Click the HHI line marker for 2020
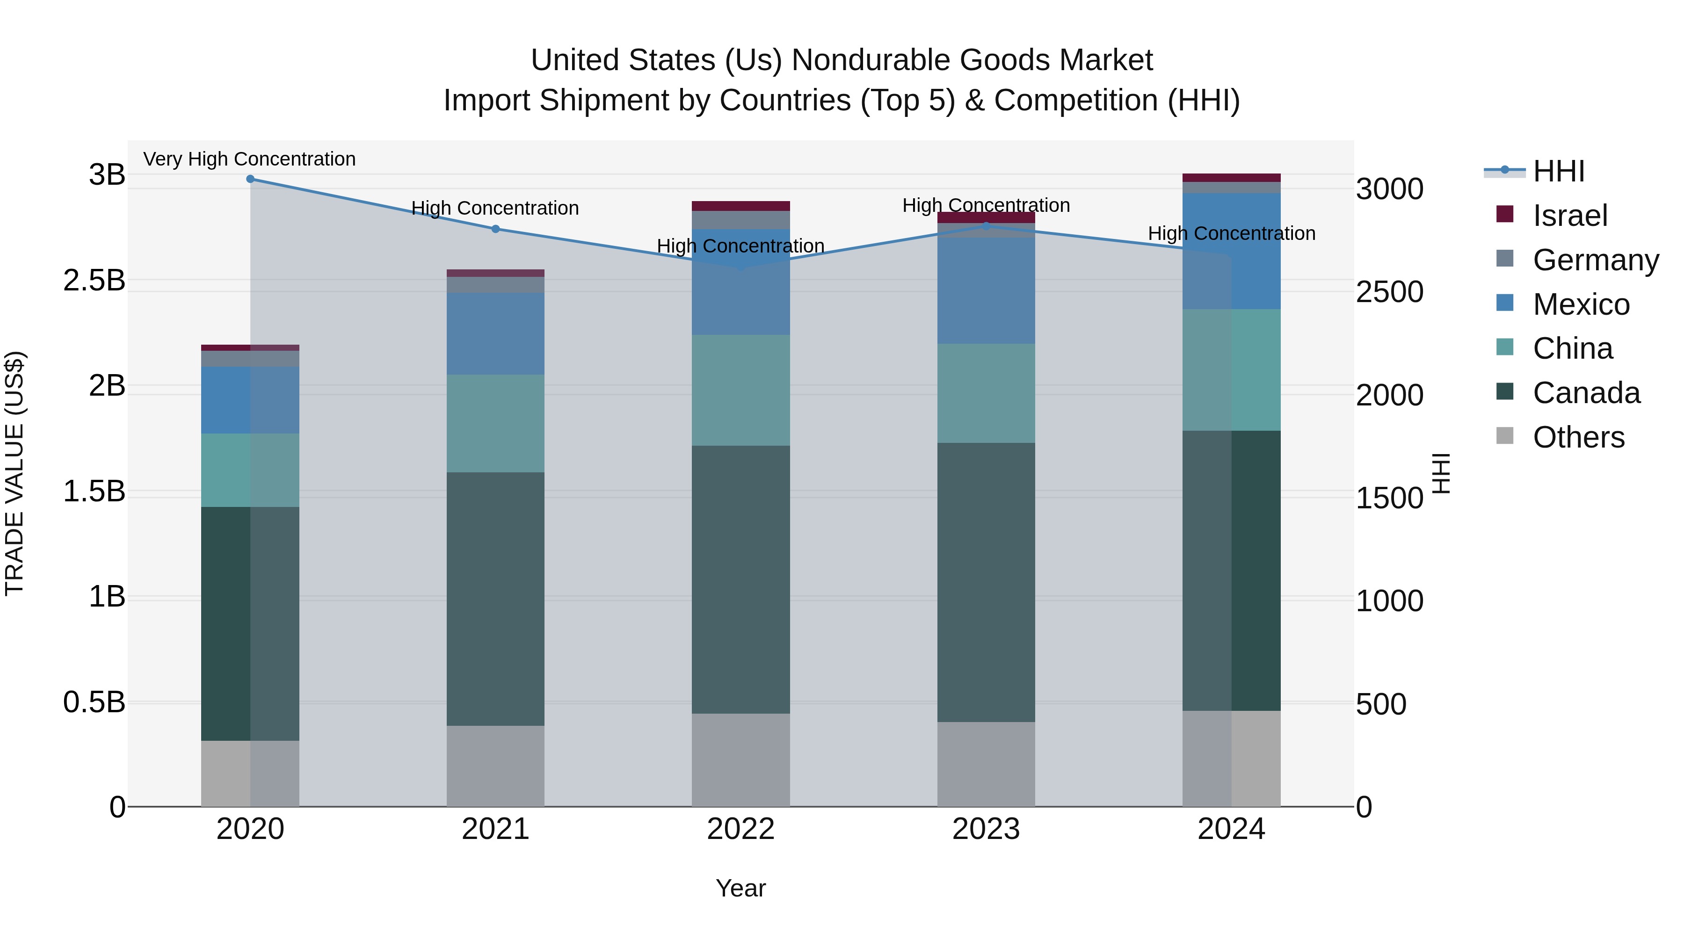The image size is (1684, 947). [x=250, y=179]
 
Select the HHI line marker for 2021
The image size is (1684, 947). [x=495, y=229]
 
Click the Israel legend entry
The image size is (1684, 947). [x=1569, y=216]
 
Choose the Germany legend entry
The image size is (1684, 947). [x=1595, y=260]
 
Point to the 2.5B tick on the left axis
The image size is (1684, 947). [x=94, y=281]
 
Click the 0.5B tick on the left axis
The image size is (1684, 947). [x=94, y=702]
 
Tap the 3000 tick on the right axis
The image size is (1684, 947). [x=1389, y=189]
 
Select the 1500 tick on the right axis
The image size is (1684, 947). [x=1389, y=498]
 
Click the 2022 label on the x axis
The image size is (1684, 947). [x=740, y=829]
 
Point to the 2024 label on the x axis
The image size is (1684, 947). [x=1231, y=829]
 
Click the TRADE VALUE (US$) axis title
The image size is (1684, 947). [x=15, y=473]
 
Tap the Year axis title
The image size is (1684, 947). [x=740, y=888]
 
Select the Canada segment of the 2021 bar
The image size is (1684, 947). [x=495, y=598]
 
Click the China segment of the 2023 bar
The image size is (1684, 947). [x=986, y=393]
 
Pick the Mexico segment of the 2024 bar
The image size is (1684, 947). [x=1231, y=251]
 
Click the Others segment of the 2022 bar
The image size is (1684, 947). [x=740, y=759]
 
